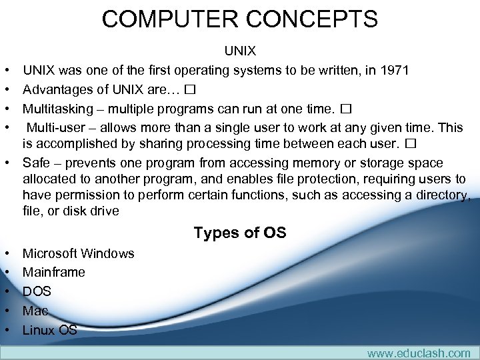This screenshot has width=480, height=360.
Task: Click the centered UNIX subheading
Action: coord(240,51)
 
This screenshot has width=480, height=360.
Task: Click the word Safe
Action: coord(36,163)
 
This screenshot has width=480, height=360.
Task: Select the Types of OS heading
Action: coord(240,233)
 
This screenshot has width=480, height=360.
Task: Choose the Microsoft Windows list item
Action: coord(78,253)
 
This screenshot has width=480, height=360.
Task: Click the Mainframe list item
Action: coord(54,272)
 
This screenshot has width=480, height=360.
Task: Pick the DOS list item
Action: coord(37,291)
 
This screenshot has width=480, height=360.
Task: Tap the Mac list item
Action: coord(35,311)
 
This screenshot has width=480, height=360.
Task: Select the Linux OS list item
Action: coord(50,330)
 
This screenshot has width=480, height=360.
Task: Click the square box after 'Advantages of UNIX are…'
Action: coord(190,89)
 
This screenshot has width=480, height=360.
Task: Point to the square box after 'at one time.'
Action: coord(345,108)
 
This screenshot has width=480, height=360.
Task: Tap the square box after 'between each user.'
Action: coord(410,143)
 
